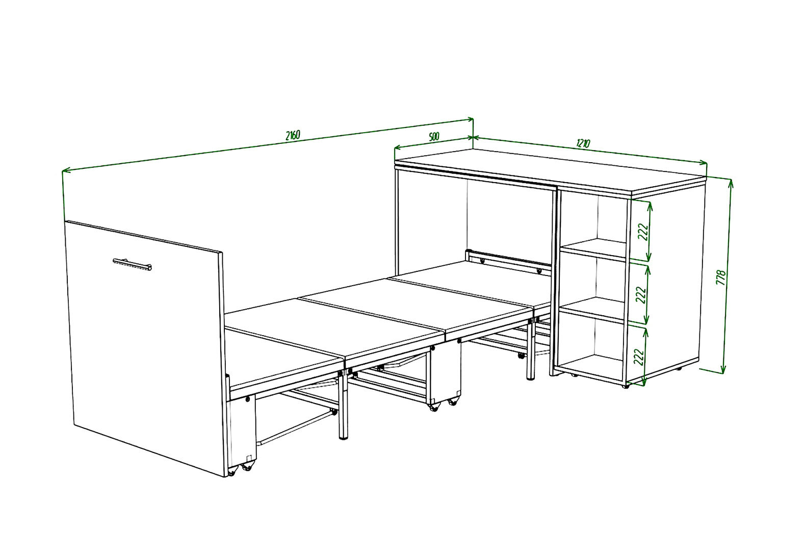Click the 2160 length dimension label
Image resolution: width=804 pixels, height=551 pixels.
click(293, 135)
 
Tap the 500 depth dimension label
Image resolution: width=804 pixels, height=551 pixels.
click(434, 137)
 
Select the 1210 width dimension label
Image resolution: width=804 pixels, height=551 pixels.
click(583, 143)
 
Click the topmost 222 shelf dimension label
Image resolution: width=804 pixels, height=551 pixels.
click(643, 232)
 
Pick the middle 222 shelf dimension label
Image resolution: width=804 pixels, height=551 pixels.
click(641, 294)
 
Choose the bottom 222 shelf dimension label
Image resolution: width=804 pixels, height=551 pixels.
click(639, 356)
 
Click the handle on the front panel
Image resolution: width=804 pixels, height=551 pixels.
click(132, 264)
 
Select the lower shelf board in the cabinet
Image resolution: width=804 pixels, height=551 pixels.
click(592, 310)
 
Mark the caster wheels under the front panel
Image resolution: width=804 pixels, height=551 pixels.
click(240, 469)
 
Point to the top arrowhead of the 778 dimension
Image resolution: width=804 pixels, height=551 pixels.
click(731, 183)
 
